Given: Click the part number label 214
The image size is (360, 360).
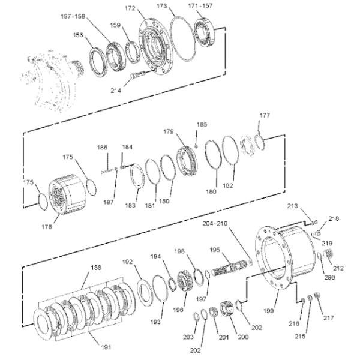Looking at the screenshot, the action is [116, 91].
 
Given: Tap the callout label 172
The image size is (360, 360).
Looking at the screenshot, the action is [130, 8].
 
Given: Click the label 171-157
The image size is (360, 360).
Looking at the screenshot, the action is [200, 6].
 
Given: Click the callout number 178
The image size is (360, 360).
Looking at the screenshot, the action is [47, 227].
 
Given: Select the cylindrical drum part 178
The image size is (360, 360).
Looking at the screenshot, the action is [67, 194].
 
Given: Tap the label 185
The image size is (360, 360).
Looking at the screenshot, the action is [202, 124].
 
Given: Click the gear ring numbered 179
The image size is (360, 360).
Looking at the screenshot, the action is [187, 161].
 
